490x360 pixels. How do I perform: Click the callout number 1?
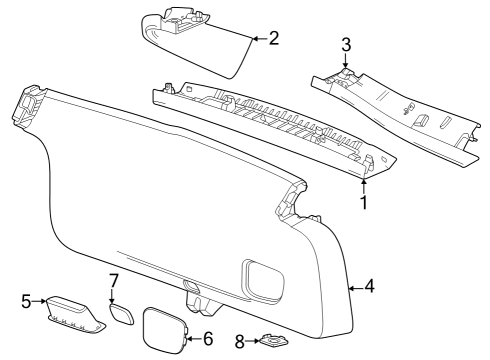pyautogui.click(x=364, y=203)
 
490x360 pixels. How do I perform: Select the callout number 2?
pyautogui.click(x=272, y=39)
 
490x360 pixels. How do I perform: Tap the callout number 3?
pyautogui.click(x=346, y=45)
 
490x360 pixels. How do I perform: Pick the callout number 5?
pyautogui.click(x=26, y=300)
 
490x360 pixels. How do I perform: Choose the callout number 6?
pyautogui.click(x=207, y=339)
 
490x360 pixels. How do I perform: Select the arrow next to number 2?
pyautogui.click(x=258, y=39)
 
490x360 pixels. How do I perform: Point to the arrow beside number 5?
pyautogui.click(x=40, y=300)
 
